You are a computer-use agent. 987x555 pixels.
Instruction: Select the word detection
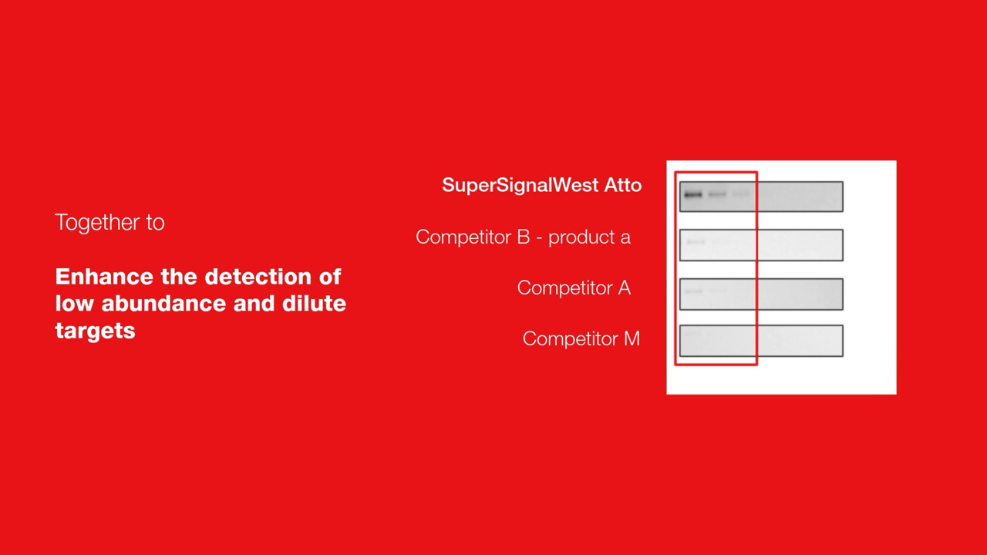point(261,277)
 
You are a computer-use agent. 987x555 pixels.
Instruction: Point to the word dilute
point(314,304)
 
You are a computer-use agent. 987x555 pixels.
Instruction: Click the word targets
point(95,331)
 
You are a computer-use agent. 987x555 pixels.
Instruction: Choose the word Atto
point(622,185)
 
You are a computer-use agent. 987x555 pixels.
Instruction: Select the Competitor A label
point(574,288)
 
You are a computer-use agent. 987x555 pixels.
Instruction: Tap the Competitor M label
point(581,338)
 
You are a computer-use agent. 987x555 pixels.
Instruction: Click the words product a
point(589,238)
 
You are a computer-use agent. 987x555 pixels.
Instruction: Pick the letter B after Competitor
point(524,237)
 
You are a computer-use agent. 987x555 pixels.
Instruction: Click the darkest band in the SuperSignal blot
point(693,195)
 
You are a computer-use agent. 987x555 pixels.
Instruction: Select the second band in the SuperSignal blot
point(717,194)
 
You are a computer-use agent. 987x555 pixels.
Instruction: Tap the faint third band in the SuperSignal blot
point(741,193)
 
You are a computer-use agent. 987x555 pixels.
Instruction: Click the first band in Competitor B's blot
point(696,242)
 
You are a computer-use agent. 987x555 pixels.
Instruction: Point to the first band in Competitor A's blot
point(693,291)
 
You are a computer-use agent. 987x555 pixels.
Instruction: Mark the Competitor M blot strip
point(761,341)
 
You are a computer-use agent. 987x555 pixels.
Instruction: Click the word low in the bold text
point(75,304)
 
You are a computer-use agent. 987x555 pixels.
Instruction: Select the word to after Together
point(156,223)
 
